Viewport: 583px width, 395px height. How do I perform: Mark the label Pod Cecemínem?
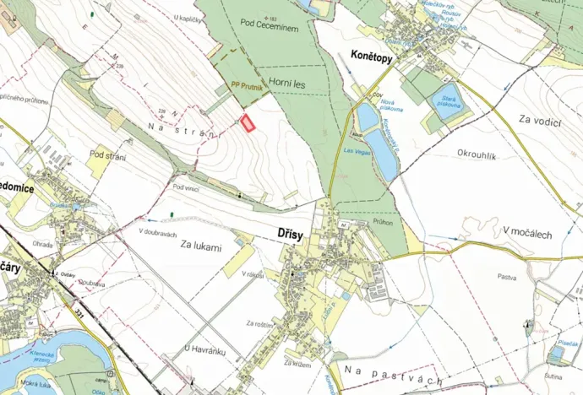tap(269, 27)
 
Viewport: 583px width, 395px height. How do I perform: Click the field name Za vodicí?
tap(541, 122)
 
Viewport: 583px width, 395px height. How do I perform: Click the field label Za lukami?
tap(200, 247)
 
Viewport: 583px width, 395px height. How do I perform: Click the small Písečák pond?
tap(567, 345)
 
